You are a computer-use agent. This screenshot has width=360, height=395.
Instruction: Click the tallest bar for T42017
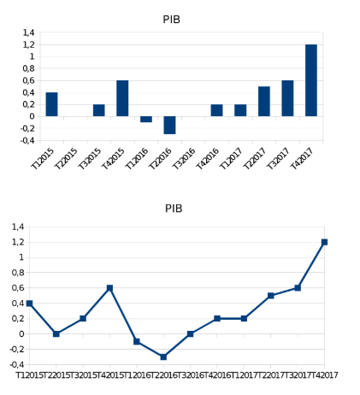pos(310,80)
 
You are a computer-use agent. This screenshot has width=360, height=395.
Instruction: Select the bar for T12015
pos(52,104)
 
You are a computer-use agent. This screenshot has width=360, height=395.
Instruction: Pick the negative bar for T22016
pos(170,125)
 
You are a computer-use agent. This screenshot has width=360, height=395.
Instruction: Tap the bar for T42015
pos(123,98)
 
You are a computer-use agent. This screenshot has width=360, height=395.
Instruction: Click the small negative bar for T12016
pos(146,119)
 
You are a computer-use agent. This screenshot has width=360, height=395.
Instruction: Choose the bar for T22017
pos(264,101)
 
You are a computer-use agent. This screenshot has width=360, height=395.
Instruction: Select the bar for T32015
pos(99,110)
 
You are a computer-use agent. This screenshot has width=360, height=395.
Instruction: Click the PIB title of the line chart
pos(174,208)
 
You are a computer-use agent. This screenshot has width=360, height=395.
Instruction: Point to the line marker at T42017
pos(325,242)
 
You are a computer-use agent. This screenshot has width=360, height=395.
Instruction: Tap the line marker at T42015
pos(109,288)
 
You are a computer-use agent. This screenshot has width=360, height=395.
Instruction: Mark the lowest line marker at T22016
pos(163,357)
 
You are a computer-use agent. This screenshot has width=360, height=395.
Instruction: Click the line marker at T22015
pos(56,333)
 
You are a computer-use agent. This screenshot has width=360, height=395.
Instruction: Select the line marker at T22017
pos(271,295)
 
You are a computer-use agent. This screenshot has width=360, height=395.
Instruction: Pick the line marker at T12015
pos(29,304)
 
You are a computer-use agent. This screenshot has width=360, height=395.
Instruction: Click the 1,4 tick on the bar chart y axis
pos(28,32)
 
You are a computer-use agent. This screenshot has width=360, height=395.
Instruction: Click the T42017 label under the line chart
pos(339,375)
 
